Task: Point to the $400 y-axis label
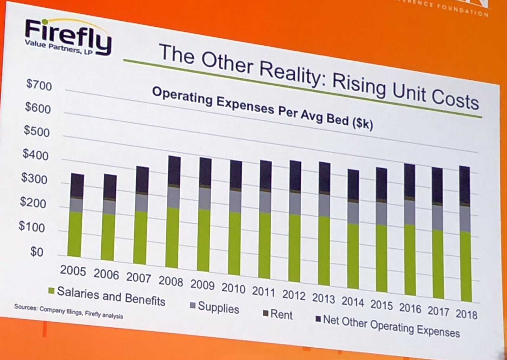[x=35, y=155]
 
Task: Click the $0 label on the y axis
[x=36, y=252]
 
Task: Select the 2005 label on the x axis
[x=73, y=271]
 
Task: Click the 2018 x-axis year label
[x=466, y=314]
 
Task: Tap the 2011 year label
[x=263, y=291]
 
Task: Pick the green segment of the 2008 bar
[x=172, y=238]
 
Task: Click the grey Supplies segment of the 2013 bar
[x=324, y=205]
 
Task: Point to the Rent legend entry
[x=278, y=314]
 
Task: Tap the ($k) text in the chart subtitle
[x=363, y=123]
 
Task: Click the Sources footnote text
[x=68, y=311]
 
